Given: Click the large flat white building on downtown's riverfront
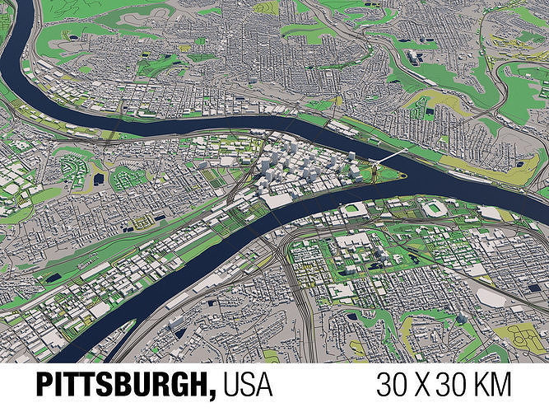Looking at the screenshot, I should pyautogui.click(x=277, y=200).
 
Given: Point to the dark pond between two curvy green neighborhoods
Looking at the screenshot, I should pyautogui.click(x=100, y=178).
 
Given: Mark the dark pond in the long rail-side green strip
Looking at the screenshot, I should pyautogui.click(x=53, y=279).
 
